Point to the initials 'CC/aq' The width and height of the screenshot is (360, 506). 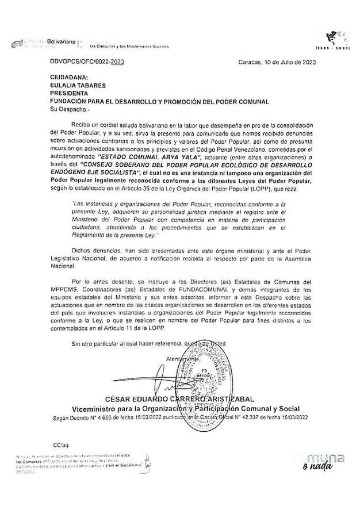[58, 447]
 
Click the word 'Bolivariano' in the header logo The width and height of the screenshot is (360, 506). [62, 42]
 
